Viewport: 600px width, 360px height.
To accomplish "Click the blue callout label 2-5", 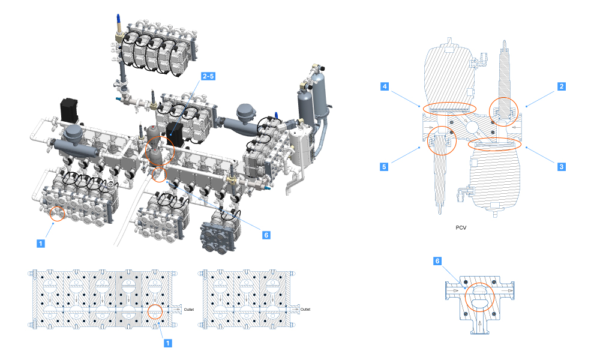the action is [x=208, y=76].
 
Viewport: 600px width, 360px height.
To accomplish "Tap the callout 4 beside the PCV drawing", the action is [x=385, y=86].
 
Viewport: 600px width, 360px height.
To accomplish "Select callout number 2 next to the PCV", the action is [x=562, y=86].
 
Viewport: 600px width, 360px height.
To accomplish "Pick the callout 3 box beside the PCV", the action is [x=562, y=166].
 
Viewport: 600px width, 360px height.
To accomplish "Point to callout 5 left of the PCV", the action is [x=384, y=166].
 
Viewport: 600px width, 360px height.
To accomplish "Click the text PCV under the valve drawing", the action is [x=461, y=227].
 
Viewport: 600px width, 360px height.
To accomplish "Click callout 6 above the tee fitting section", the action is [x=437, y=261].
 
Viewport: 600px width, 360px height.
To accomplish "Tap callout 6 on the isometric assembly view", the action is [x=266, y=235].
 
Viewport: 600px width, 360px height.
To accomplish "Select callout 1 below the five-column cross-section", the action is [x=167, y=343].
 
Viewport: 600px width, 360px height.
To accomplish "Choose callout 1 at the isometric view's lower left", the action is [x=41, y=244].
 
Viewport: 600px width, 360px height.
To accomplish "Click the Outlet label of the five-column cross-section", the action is [x=189, y=310].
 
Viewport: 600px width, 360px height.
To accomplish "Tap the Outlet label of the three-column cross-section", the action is [x=305, y=310].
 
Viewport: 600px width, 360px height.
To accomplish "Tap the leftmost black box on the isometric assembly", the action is [x=69, y=110].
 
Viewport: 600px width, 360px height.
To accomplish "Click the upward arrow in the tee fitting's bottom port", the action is [x=479, y=326].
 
